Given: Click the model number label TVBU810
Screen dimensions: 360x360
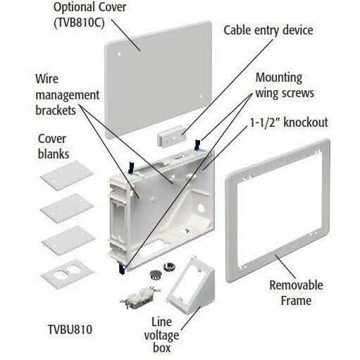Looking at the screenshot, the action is point(70,329).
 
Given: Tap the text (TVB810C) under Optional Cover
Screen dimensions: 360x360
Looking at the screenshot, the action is point(79,23).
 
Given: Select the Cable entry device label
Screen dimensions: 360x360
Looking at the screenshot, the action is point(268,30).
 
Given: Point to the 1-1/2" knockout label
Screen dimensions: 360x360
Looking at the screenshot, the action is point(289,123).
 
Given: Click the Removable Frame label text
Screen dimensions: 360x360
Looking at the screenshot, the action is point(296,292).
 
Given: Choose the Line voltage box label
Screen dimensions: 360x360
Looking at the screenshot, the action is point(161,335).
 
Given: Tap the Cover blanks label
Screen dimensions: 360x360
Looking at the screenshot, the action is point(54,147).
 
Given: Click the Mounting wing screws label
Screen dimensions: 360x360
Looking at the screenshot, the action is point(285,85).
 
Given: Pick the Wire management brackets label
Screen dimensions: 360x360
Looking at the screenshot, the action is point(68,94).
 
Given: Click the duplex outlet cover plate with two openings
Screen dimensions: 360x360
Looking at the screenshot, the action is point(68,273).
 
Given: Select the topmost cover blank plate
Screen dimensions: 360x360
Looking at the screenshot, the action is point(67,175).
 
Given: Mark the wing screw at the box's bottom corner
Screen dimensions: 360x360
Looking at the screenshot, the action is point(122,268).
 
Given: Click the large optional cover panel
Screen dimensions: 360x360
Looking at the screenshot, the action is point(158,80).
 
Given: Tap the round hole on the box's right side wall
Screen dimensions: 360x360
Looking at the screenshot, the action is point(201,208).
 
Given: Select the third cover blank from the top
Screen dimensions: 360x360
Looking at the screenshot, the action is point(68,241).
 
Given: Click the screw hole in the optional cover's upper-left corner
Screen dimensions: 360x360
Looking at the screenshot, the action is point(120,54).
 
